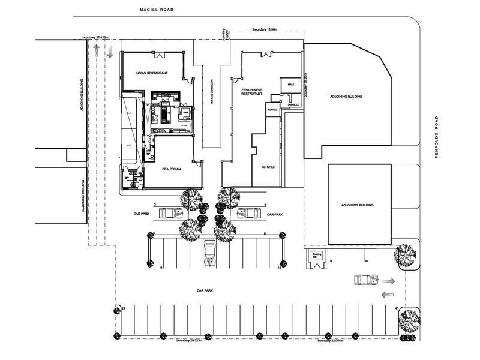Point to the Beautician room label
click(x=172, y=169)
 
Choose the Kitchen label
click(x=268, y=167)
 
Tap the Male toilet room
click(x=291, y=85)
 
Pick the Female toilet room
click(x=273, y=110)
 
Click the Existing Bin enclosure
click(x=318, y=259)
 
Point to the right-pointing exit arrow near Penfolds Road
click(x=389, y=281)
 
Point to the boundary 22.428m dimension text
click(x=95, y=37)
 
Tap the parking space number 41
click(x=397, y=308)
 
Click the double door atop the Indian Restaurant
click(x=160, y=55)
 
